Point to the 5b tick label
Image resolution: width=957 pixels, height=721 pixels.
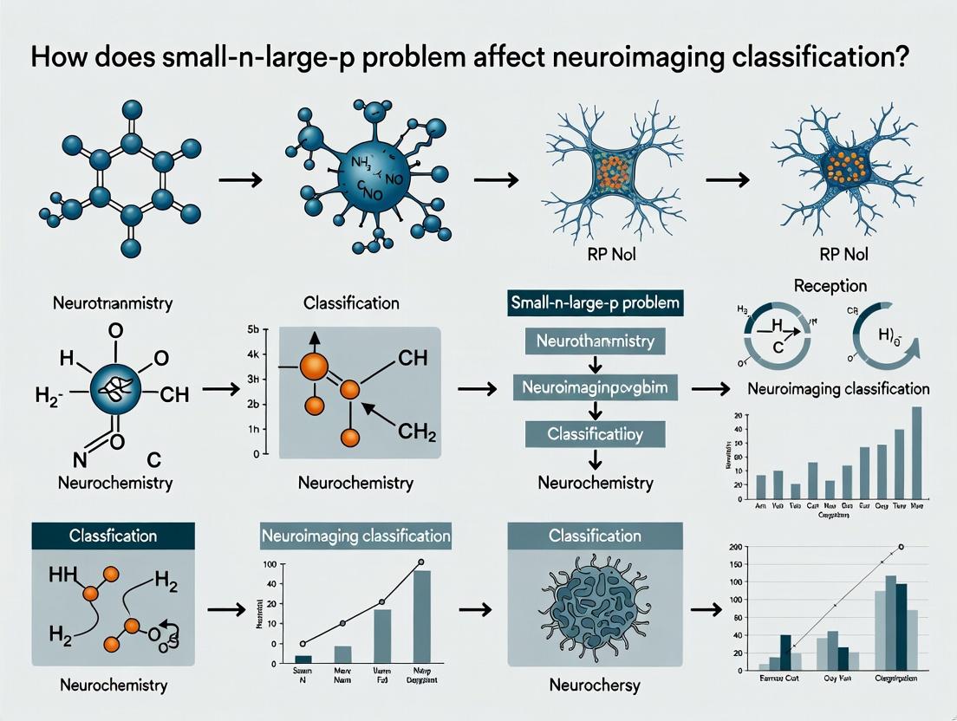point(253,328)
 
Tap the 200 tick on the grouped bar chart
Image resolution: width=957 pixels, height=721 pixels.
point(736,549)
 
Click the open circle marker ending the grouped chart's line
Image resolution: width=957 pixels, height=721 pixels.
point(901,547)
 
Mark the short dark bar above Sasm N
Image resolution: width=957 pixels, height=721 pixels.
point(303,659)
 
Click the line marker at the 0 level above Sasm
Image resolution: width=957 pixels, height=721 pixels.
point(303,644)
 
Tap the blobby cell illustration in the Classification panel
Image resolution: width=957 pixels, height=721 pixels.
point(594,606)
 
